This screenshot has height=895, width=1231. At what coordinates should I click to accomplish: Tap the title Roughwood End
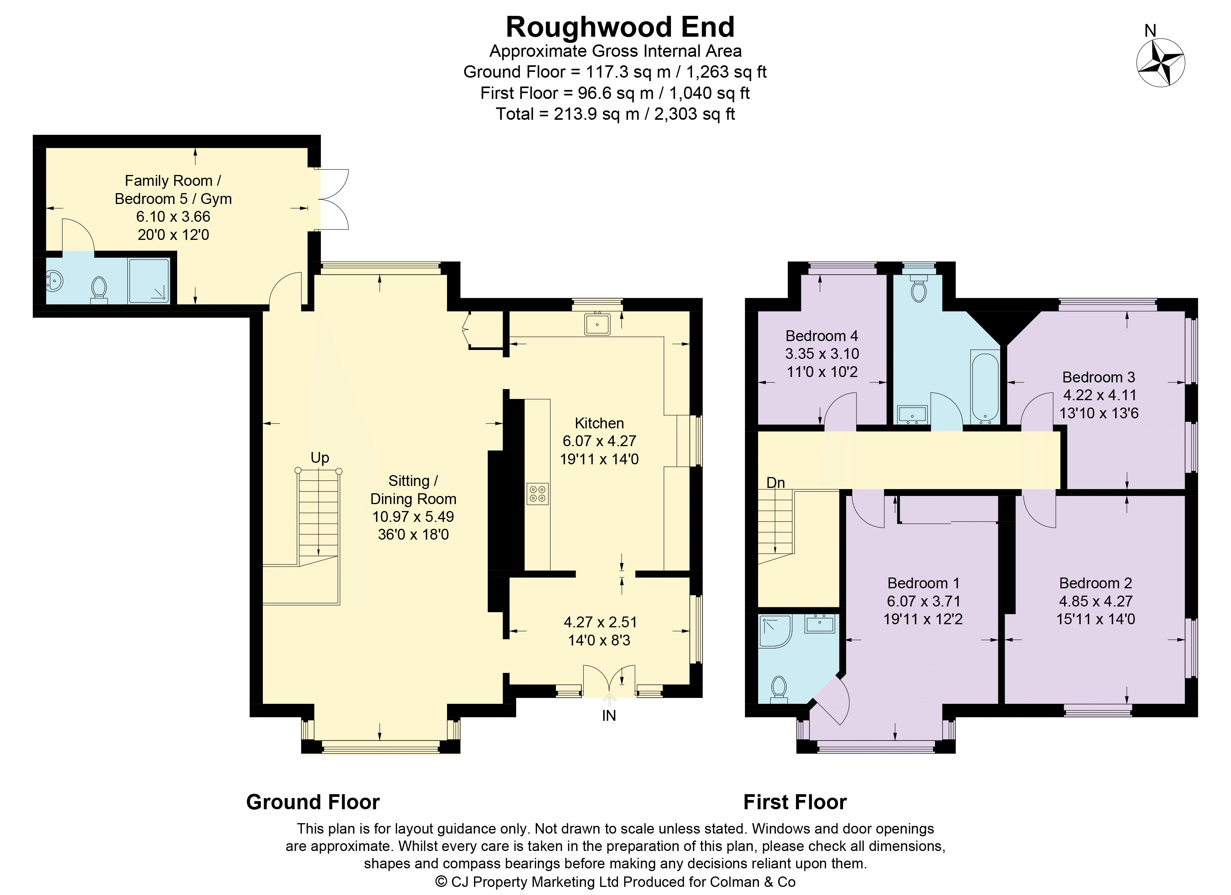[x=620, y=27]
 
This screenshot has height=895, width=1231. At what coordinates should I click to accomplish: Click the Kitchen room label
[x=599, y=423]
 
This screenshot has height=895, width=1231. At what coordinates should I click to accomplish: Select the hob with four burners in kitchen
[x=537, y=494]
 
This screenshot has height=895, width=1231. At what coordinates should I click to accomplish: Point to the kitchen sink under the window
[x=597, y=324]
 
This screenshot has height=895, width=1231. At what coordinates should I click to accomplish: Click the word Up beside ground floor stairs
[x=320, y=458]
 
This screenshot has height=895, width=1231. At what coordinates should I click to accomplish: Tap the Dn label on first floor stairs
[x=776, y=482]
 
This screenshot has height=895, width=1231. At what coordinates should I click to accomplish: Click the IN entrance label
[x=609, y=716]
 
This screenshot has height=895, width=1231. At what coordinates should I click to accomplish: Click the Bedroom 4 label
[x=822, y=336]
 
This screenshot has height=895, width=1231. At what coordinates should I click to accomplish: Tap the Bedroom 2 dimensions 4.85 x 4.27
[x=1095, y=601]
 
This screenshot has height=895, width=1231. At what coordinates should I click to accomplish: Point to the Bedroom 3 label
[x=1099, y=377]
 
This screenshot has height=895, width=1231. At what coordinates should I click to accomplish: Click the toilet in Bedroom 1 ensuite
[x=779, y=688]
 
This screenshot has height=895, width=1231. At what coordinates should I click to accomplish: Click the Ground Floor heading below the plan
[x=313, y=802]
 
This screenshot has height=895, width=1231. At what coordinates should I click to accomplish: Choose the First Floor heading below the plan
[x=795, y=802]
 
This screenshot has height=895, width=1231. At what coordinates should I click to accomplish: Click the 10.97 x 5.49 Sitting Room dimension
[x=413, y=516]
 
